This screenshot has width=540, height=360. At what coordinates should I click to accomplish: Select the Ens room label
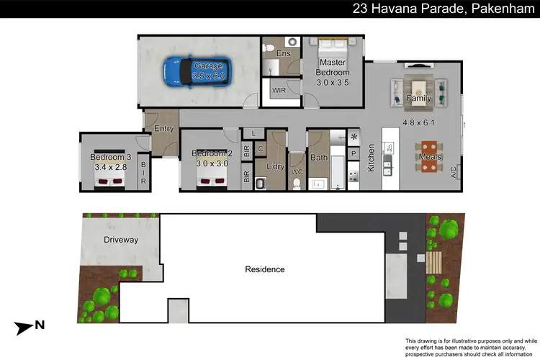[283, 53]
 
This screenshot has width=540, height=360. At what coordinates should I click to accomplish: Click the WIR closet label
[279, 91]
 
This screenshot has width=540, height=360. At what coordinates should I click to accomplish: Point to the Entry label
[163, 129]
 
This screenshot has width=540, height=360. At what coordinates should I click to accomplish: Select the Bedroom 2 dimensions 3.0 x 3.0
[211, 164]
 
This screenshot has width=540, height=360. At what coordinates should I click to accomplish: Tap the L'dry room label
[275, 167]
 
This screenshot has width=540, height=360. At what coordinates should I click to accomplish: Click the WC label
[297, 172]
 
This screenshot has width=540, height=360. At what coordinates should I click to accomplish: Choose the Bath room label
[319, 158]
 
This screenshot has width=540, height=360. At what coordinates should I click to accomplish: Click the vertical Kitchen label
[372, 158]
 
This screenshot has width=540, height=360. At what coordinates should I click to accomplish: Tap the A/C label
[453, 173]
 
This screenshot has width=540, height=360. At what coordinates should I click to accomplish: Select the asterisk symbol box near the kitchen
[354, 137]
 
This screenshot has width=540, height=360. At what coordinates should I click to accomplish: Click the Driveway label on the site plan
[120, 240]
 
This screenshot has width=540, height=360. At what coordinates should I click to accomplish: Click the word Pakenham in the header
[502, 9]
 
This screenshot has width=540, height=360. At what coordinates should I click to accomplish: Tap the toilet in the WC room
[297, 185]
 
